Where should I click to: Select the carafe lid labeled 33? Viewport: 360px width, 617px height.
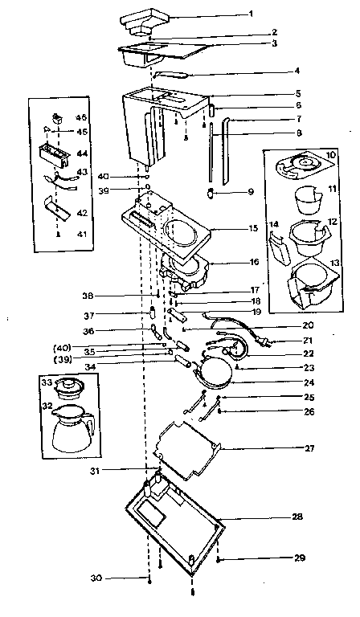click(72, 386)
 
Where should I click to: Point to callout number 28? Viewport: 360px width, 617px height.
click(297, 516)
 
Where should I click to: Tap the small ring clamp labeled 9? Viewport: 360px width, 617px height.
click(209, 194)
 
